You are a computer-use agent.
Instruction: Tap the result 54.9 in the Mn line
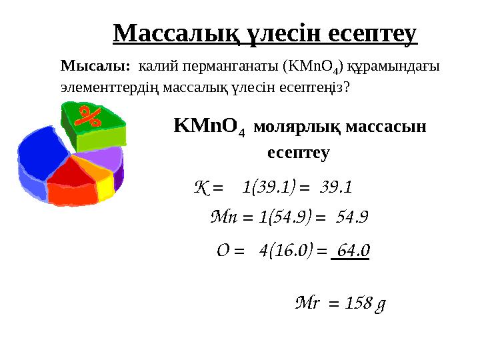(x=353, y=217)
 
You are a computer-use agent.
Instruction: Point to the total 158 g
(x=365, y=304)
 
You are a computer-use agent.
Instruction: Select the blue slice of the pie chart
(x=41, y=155)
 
